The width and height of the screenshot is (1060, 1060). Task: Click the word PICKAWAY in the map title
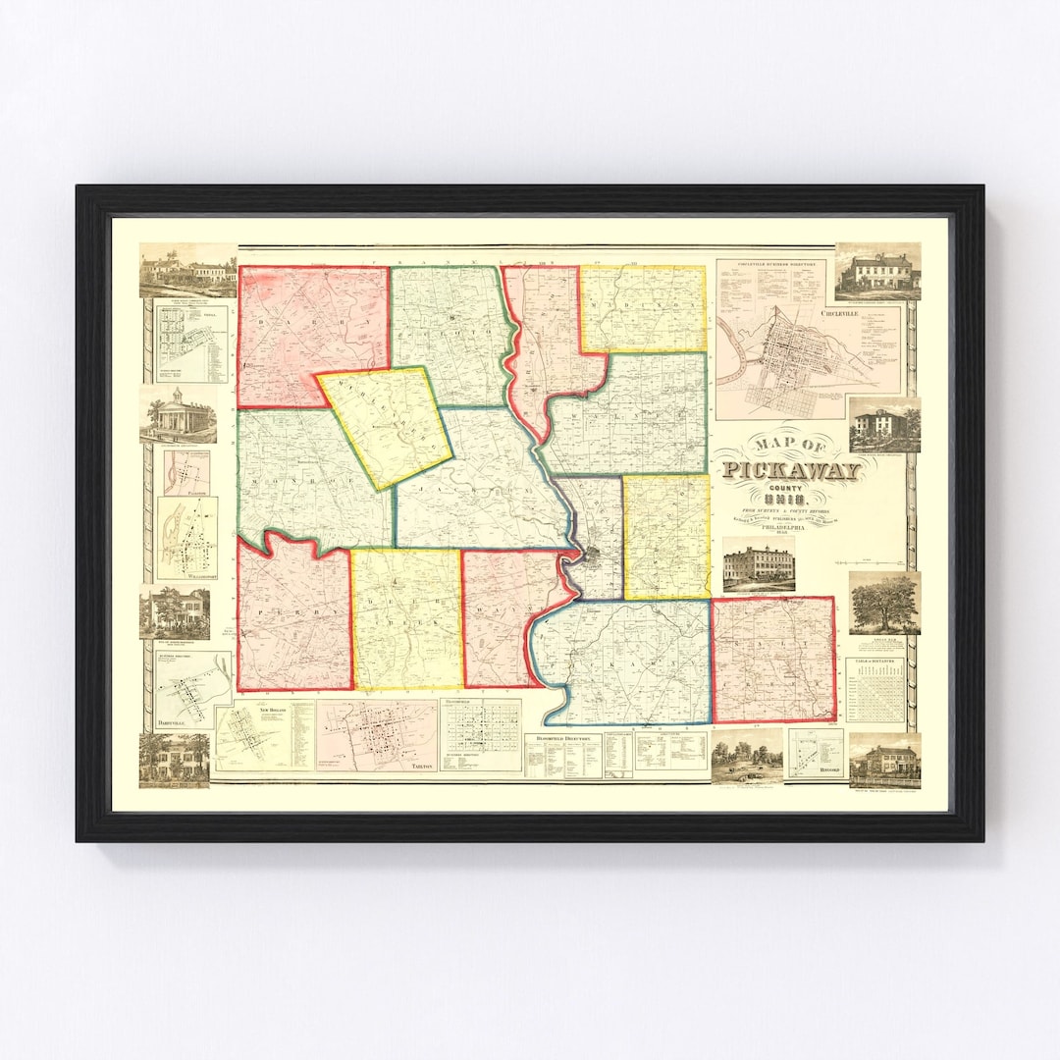tap(794, 470)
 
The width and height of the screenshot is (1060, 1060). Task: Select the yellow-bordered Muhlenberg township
tap(385, 427)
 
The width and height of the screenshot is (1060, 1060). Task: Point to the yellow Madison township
tap(643, 307)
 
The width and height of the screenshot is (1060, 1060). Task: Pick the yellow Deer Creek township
tap(406, 618)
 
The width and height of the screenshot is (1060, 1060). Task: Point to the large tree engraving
tap(884, 603)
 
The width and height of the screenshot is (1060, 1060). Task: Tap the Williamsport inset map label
tap(186, 580)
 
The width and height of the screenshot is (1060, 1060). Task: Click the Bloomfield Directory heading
tap(561, 737)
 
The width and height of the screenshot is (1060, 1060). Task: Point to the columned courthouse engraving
tap(179, 416)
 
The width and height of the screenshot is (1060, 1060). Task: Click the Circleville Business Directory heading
tap(769, 265)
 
